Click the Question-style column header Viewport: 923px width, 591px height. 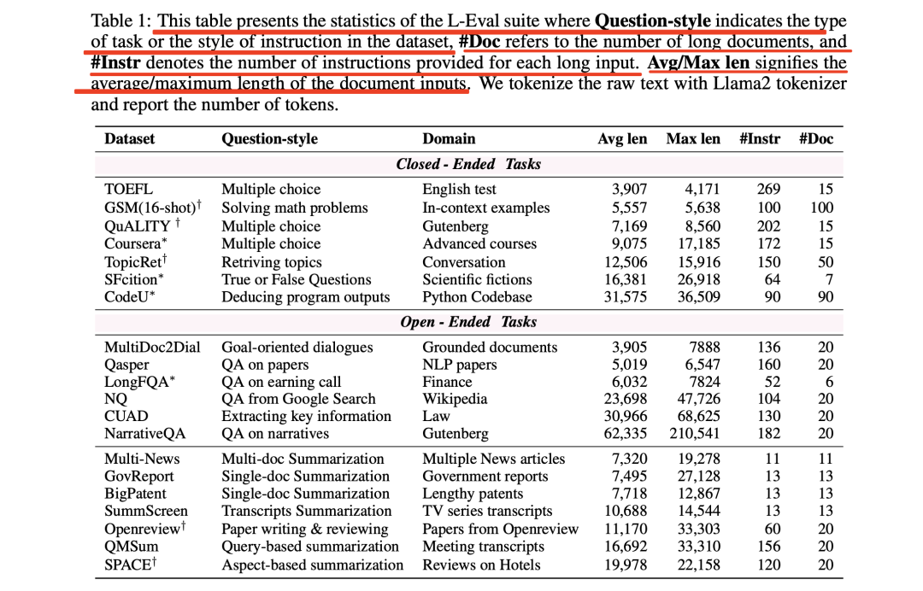tap(269, 138)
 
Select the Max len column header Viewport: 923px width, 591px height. tap(693, 138)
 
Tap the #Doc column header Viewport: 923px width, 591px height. tap(815, 138)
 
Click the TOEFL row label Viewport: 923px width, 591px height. tap(128, 190)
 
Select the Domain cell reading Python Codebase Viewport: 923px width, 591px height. tap(477, 297)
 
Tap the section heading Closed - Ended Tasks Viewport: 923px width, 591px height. tap(468, 164)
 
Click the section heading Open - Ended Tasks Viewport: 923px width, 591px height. tap(468, 322)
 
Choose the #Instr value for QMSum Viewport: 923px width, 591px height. tap(768, 547)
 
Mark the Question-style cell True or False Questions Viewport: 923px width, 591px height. tap(297, 279)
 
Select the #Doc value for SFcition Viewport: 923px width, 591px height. tap(826, 279)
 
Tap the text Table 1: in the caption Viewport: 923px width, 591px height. tap(121, 20)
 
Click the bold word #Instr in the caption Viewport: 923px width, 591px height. tap(116, 63)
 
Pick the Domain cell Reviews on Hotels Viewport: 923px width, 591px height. tap(481, 565)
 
